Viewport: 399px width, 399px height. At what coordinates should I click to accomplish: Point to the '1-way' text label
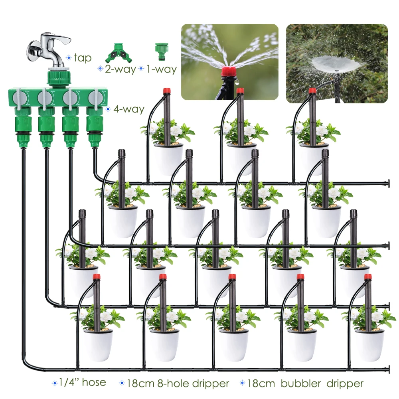pyautogui.click(x=161, y=69)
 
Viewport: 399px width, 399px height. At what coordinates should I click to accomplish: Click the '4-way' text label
pyautogui.click(x=128, y=109)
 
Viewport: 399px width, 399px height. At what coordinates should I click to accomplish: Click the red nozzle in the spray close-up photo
pyautogui.click(x=227, y=72)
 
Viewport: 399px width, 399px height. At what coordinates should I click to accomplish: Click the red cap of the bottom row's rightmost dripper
pyautogui.click(x=368, y=277)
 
